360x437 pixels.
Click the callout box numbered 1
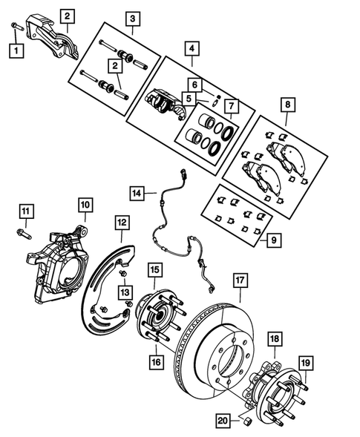[15, 51]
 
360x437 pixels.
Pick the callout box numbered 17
[240, 280]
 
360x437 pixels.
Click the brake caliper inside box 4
[165, 102]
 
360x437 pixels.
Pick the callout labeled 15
[154, 270]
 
